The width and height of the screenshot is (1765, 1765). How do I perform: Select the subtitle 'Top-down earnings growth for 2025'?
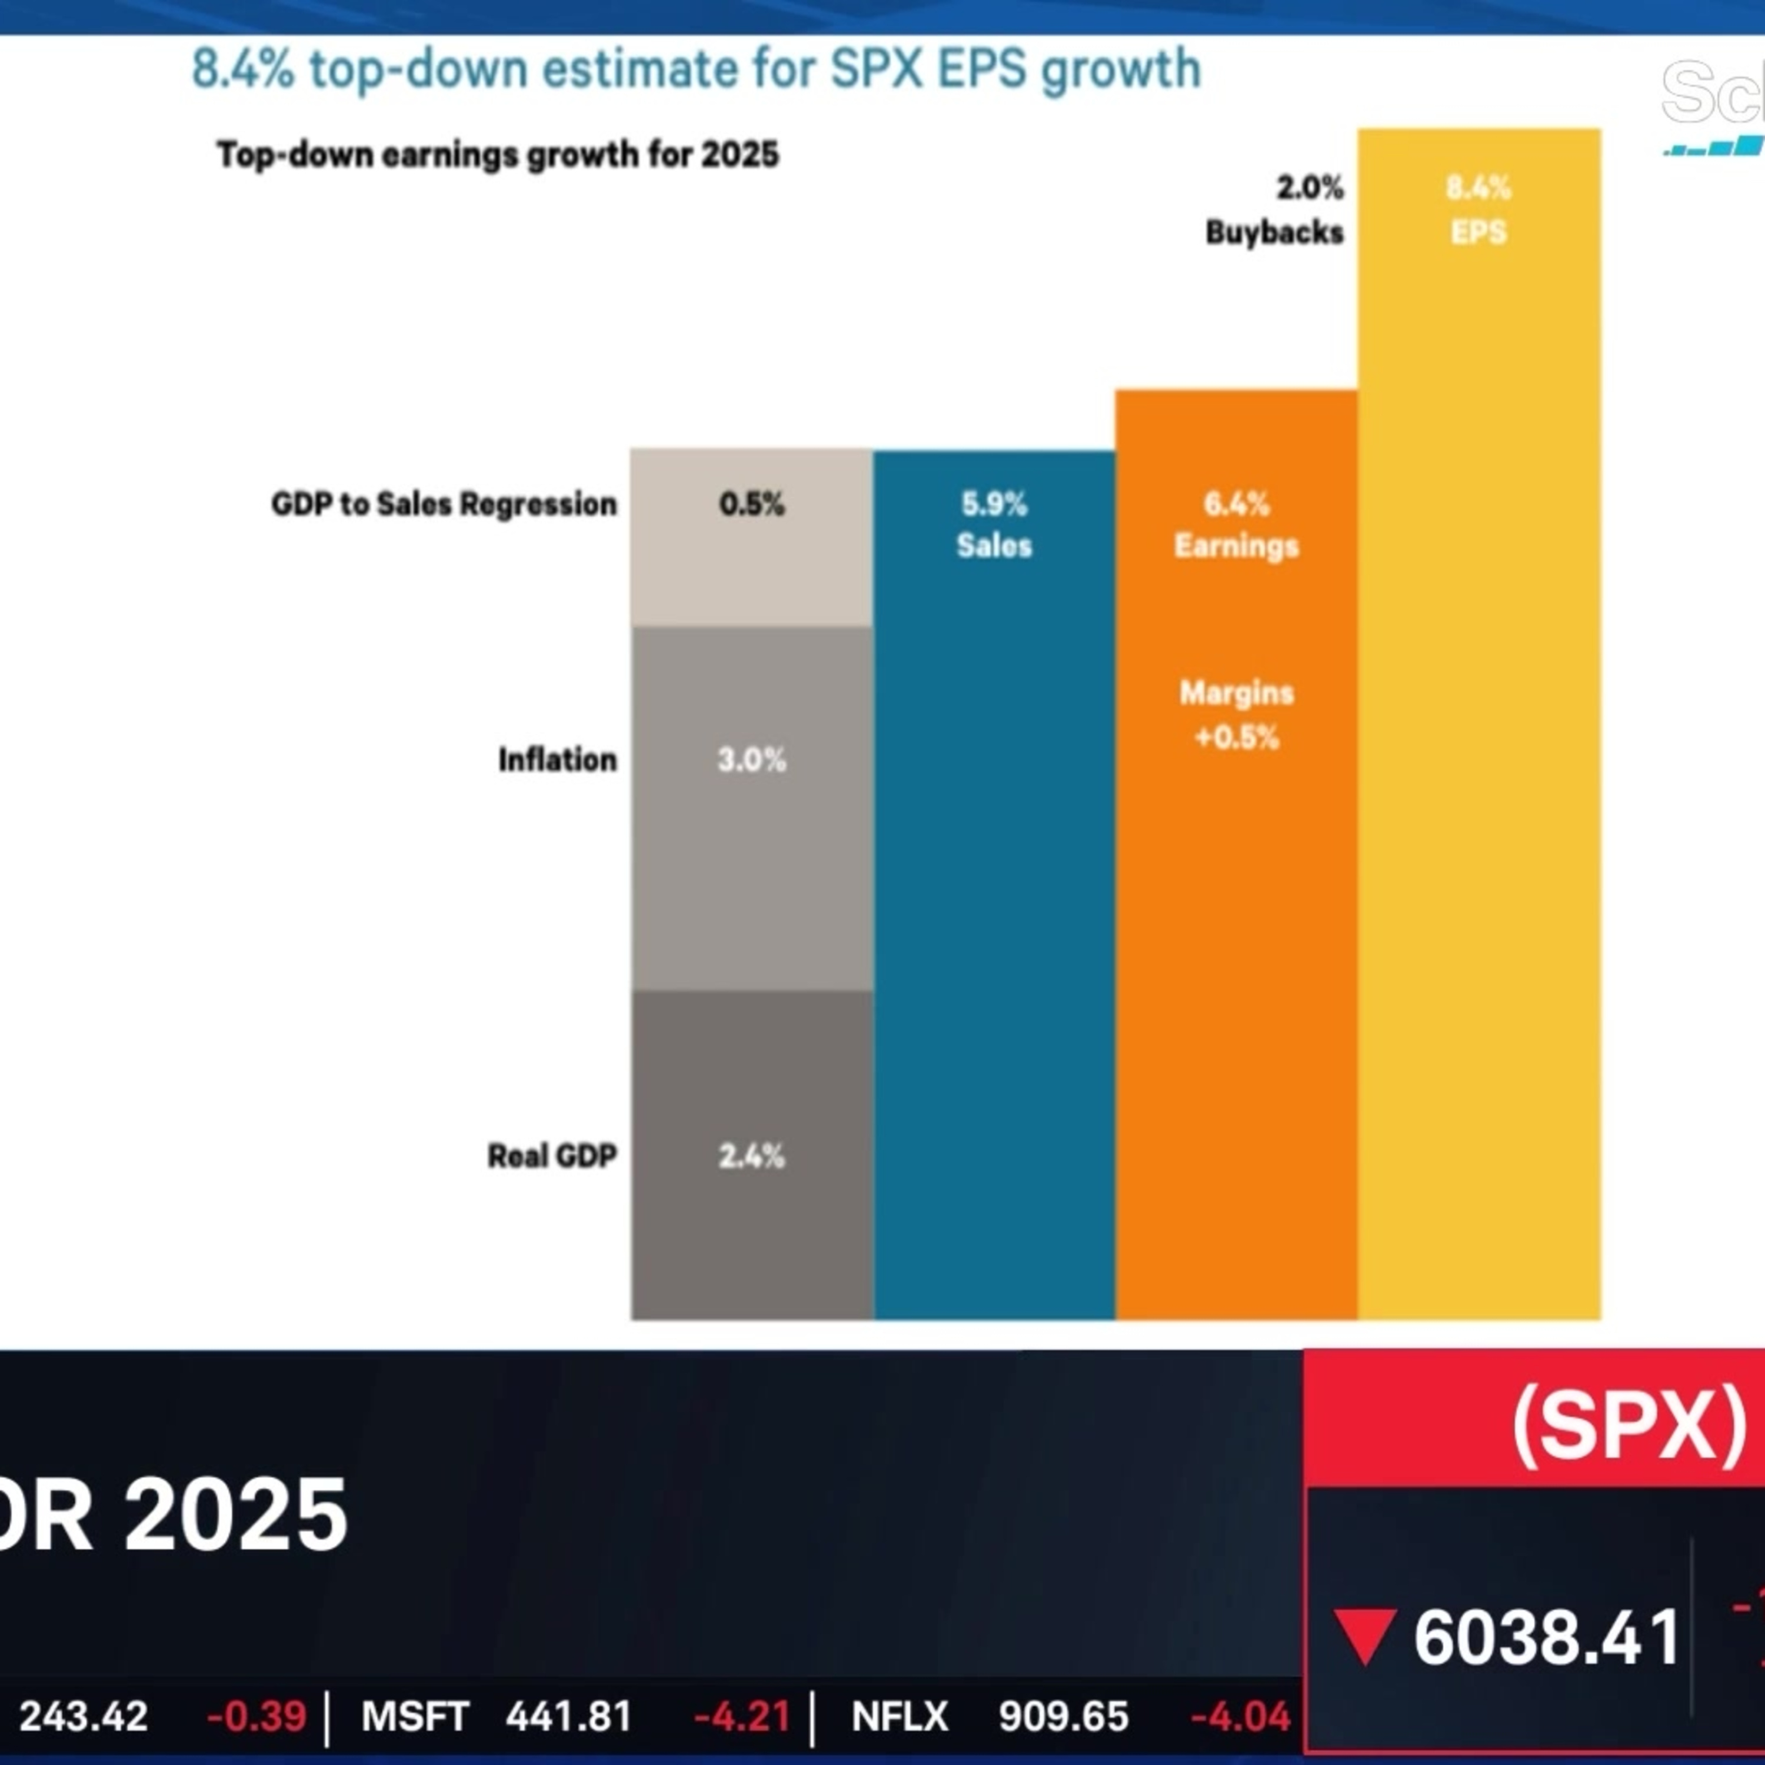click(497, 154)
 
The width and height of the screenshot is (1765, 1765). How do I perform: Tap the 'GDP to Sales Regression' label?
click(444, 504)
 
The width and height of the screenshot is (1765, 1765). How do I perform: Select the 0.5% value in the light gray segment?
click(751, 504)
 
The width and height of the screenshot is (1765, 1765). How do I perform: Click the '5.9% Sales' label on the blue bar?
click(994, 524)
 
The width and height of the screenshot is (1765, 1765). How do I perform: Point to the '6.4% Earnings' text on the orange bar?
click(1236, 524)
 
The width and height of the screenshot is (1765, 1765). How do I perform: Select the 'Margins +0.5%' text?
click(1236, 714)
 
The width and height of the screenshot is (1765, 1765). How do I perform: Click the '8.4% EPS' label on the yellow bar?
click(1478, 209)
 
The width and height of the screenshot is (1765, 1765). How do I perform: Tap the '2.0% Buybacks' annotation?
click(1276, 209)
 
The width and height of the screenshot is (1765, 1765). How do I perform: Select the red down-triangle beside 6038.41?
click(1365, 1636)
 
